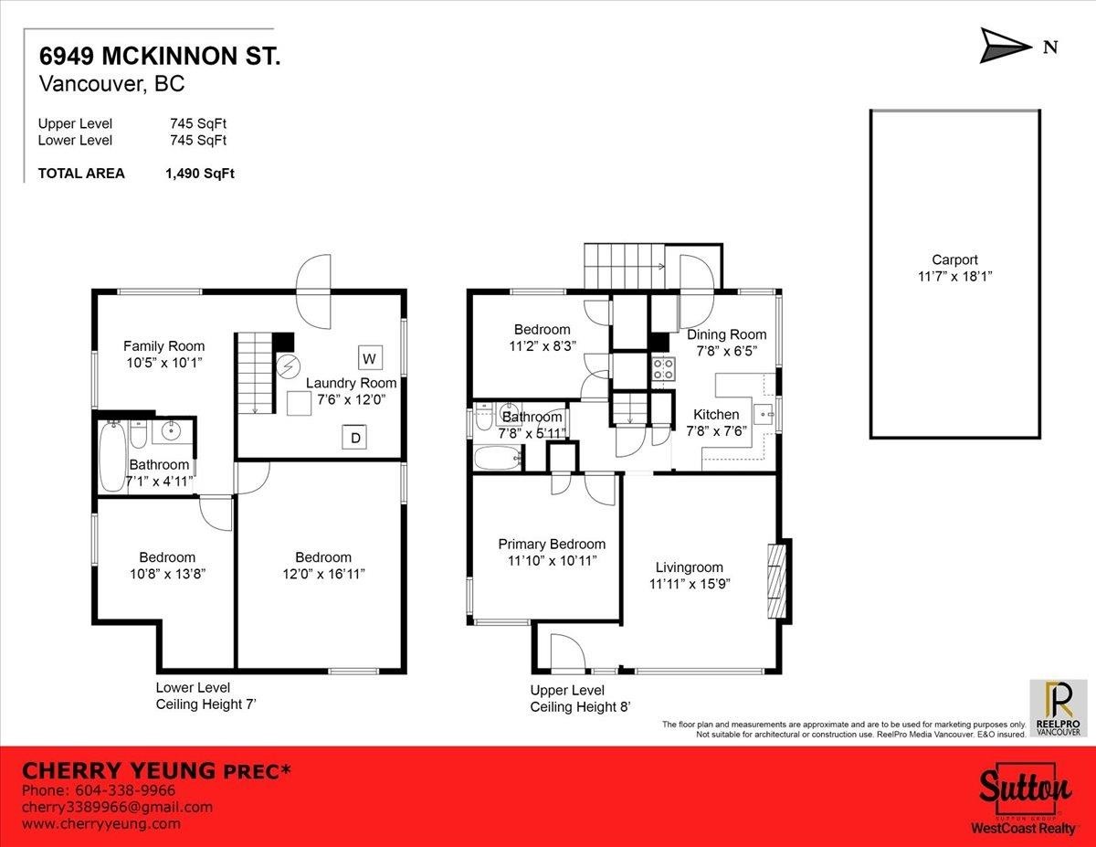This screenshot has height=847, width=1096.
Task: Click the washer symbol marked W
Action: coord(370,357)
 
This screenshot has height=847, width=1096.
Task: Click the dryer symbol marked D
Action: coord(354,438)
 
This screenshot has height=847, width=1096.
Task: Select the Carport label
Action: coord(954,259)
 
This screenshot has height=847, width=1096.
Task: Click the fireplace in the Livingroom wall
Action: coord(777,581)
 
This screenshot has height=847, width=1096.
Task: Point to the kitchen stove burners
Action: coord(664,368)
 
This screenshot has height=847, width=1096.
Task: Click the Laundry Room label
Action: coord(351,383)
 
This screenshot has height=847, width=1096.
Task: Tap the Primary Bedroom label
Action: coord(552,544)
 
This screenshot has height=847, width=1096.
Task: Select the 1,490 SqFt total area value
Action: coord(200,174)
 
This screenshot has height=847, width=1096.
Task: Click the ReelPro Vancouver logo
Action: coord(1059,708)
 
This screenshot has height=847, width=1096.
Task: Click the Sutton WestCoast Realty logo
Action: coord(1025,799)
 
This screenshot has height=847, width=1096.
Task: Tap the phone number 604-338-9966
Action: coord(125,790)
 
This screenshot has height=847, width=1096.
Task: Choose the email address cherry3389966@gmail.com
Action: coord(117,807)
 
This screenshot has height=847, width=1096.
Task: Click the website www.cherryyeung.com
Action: coord(100,824)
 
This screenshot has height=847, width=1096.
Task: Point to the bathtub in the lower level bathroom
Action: coord(112,457)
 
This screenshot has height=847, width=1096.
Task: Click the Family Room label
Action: coord(163,346)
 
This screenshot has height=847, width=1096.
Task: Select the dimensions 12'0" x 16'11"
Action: coord(323,574)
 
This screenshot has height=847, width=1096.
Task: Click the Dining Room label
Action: coord(726,334)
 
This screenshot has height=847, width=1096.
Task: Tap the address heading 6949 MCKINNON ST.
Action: coord(160,56)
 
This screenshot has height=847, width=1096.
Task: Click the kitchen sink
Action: coord(764,414)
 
